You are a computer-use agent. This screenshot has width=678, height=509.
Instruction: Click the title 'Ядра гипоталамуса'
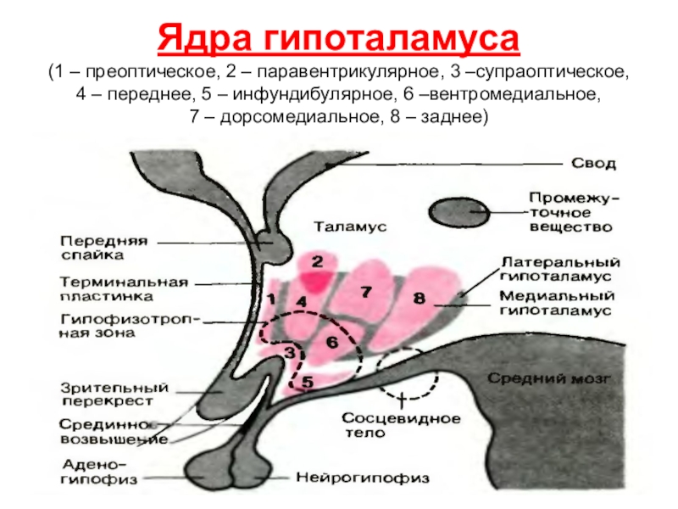coord(338,39)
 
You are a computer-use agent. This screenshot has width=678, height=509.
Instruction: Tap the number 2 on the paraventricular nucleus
coord(318,260)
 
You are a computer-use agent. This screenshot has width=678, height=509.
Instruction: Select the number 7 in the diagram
coord(366,291)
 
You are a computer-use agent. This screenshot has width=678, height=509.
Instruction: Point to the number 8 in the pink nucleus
coord(418,298)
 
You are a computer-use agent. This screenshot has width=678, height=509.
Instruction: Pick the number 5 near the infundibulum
coord(308,383)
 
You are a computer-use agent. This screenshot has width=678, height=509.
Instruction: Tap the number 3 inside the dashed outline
coord(290,350)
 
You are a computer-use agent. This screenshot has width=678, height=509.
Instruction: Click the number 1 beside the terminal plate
coord(271,299)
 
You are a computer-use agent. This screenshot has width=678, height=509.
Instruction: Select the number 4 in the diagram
coord(302,301)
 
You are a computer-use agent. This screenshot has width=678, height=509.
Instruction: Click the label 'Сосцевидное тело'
coord(401,425)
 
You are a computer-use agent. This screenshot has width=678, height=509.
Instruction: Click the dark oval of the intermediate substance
coord(459,212)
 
